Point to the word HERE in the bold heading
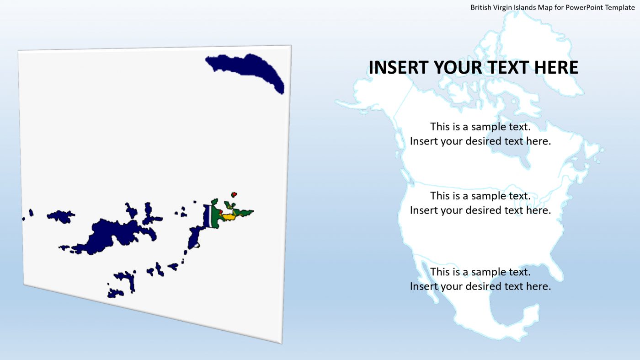(557, 67)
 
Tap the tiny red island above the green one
(234, 194)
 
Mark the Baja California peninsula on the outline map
(425, 279)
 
